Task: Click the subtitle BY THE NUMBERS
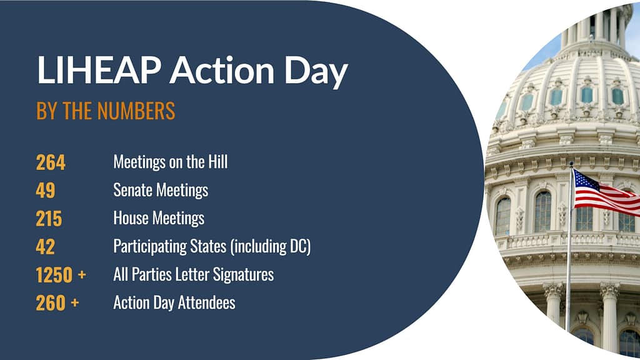(106, 111)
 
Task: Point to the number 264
(51, 162)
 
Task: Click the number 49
(46, 190)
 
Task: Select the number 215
(49, 218)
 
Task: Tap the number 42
(46, 246)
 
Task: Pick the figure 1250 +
(61, 274)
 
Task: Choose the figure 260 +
(57, 302)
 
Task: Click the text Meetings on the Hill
(171, 162)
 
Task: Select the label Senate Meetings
(161, 190)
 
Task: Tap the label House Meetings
(159, 218)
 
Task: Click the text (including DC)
(271, 246)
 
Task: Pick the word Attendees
(207, 302)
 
